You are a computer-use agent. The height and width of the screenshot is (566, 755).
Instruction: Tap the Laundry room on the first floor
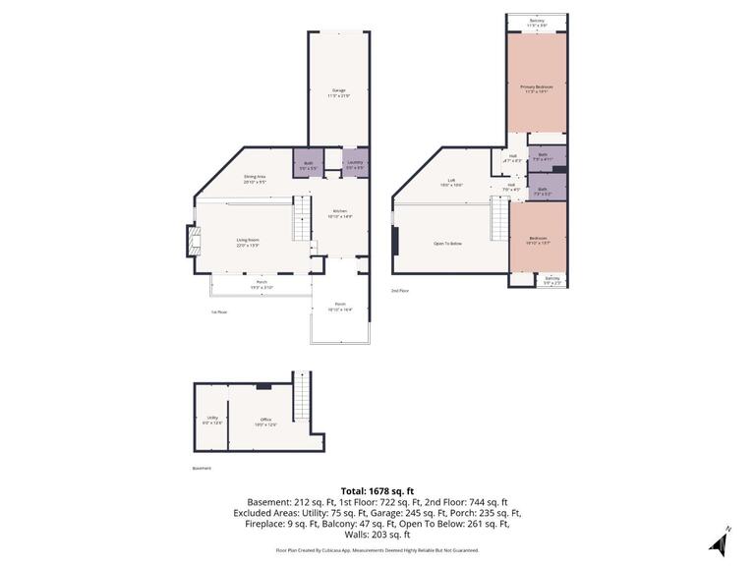355,163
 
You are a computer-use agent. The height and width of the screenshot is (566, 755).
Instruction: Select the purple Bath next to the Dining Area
308,164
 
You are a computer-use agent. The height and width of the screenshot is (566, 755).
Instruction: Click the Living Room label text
247,241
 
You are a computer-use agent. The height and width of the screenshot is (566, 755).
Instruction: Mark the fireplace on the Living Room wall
193,241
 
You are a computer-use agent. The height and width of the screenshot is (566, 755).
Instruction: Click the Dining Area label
255,178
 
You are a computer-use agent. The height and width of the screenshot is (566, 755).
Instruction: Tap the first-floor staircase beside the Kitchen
302,218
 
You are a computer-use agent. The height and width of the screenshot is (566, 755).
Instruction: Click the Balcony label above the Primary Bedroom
537,21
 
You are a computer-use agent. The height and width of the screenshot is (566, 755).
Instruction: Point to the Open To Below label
447,243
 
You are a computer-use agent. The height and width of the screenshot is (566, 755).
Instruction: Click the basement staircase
302,393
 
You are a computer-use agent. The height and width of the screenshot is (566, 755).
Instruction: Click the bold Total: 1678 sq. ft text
377,490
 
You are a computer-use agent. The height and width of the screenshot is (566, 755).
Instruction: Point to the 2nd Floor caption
400,291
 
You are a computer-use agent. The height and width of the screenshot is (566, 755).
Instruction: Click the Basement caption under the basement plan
202,468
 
